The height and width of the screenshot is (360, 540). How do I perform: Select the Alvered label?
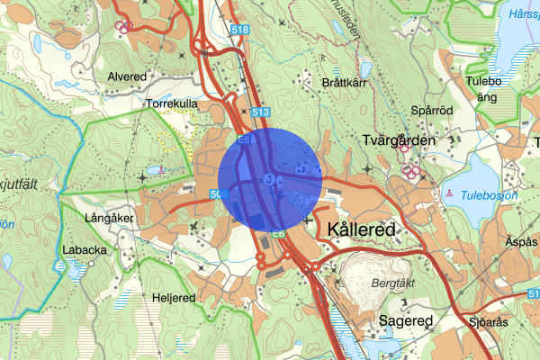coord(127,76)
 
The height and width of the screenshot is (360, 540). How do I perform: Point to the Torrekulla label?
coord(171,104)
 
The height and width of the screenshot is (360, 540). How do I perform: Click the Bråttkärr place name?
coord(346,82)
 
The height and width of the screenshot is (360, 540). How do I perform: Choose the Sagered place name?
coord(406,320)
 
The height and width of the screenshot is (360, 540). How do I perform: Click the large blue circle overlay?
coord(270,177)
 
